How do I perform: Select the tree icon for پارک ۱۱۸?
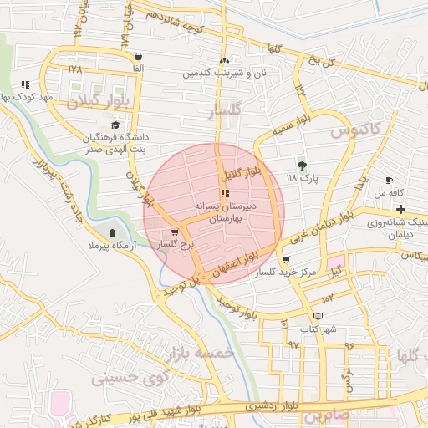(x=302, y=165)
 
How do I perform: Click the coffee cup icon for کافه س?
(x=389, y=180)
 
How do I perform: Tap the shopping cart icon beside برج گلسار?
(x=174, y=233)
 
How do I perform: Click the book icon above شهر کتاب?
(x=318, y=315)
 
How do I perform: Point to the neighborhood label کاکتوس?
(x=354, y=130)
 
